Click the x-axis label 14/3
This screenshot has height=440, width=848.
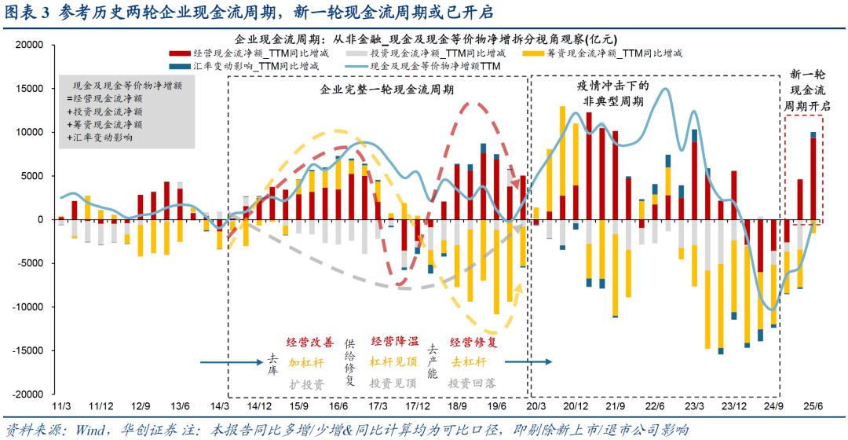pyautogui.click(x=221, y=406)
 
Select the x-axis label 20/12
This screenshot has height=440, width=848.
pyautogui.click(x=576, y=406)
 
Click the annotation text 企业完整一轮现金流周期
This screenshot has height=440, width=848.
pyautogui.click(x=375, y=90)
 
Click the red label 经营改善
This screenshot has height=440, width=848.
pyautogui.click(x=310, y=343)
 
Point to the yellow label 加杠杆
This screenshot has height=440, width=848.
pyautogui.click(x=305, y=363)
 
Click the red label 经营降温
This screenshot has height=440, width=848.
pyautogui.click(x=394, y=343)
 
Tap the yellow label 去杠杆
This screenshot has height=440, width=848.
pyautogui.click(x=469, y=363)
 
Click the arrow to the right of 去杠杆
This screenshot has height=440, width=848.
pyautogui.click(x=527, y=362)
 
